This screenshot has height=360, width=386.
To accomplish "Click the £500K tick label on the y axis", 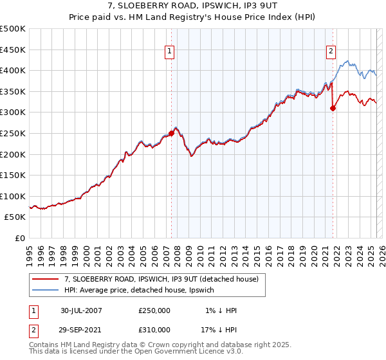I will [x=13, y=29].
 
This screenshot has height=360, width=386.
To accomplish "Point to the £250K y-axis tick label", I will [x=13, y=134].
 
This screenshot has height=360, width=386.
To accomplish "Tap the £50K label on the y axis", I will [x=15, y=217].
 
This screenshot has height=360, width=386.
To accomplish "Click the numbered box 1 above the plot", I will [x=170, y=52].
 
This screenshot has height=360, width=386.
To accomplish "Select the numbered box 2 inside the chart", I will [x=331, y=52].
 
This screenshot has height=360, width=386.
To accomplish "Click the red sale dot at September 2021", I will [x=333, y=109].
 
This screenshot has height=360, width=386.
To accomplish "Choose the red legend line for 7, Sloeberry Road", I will [x=45, y=279].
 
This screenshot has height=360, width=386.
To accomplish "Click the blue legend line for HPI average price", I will [x=45, y=291].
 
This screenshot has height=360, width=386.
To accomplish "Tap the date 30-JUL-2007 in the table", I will [x=82, y=310].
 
